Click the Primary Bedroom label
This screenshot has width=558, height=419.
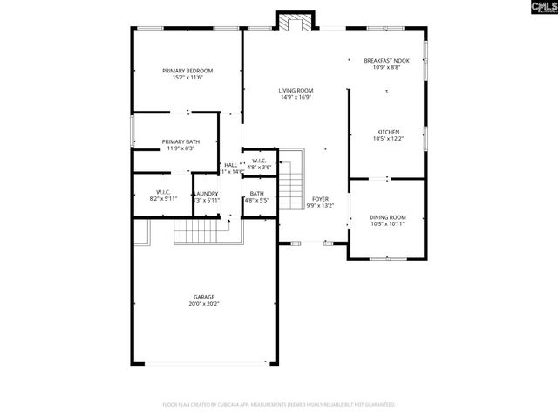click(187, 71)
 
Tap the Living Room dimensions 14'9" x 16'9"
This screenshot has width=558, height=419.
click(296, 98)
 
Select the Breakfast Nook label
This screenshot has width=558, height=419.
click(386, 60)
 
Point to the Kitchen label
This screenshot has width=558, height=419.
click(387, 132)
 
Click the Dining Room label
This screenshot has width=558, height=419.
click(387, 216)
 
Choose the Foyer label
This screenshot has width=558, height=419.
click(321, 199)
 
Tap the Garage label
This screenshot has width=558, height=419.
click(204, 297)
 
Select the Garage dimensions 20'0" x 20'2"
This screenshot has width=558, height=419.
click(204, 305)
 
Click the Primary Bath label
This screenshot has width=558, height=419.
click(180, 141)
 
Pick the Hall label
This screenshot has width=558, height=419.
click(231, 165)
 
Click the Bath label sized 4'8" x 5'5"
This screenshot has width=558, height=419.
click(256, 193)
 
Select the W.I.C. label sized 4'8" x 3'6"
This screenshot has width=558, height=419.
click(259, 161)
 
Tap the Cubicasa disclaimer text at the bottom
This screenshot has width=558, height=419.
click(279, 405)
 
